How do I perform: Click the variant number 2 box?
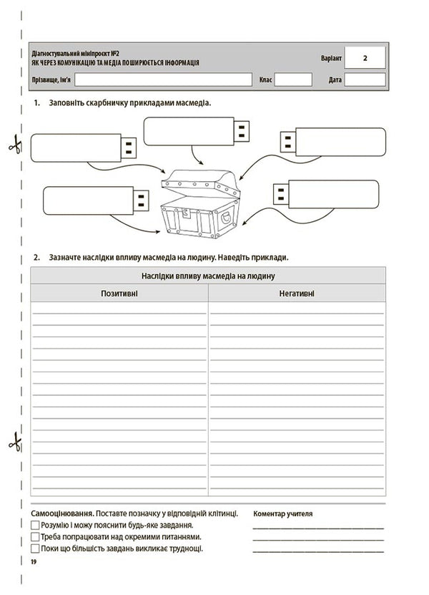(365, 57)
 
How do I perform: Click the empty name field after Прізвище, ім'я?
(163, 79)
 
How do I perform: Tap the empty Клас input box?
(293, 79)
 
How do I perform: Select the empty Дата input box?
(365, 79)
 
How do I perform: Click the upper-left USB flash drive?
(84, 148)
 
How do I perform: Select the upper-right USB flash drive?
(332, 142)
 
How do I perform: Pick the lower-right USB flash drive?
(327, 193)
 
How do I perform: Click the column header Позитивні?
(119, 294)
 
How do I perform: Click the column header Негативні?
(297, 294)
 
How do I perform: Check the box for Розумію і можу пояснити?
(35, 525)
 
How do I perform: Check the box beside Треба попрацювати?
(35, 536)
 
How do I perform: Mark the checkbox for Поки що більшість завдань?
(35, 548)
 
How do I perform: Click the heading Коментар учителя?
(283, 513)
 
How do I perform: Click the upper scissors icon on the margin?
(14, 145)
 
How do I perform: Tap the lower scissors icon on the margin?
(14, 442)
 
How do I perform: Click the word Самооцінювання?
(62, 513)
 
